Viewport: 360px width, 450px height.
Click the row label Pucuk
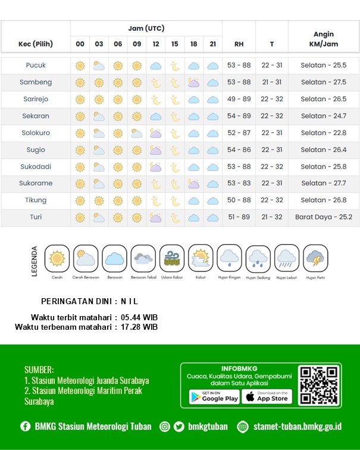pyautogui.click(x=36, y=65)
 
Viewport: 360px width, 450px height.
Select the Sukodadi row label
pyautogui.click(x=36, y=167)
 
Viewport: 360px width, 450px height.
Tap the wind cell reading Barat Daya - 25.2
pyautogui.click(x=323, y=217)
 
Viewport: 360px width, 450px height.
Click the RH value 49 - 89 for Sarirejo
pyautogui.click(x=239, y=99)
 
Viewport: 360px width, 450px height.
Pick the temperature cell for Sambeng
pyautogui.click(x=271, y=82)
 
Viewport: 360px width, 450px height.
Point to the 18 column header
pyautogui.click(x=194, y=44)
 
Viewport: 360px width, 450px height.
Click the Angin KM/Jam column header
pyautogui.click(x=323, y=39)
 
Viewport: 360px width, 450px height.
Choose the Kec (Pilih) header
pyautogui.click(x=36, y=44)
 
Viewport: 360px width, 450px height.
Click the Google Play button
pyautogui.click(x=214, y=396)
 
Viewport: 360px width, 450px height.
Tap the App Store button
pyautogui.click(x=267, y=396)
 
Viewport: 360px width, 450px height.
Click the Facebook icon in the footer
pyautogui.click(x=26, y=426)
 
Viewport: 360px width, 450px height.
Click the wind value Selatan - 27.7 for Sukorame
pyautogui.click(x=323, y=183)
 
